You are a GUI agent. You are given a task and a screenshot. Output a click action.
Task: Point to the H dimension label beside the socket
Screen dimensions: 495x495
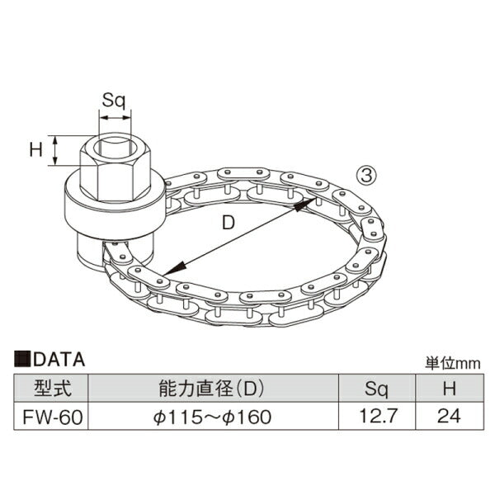click(x=35, y=149)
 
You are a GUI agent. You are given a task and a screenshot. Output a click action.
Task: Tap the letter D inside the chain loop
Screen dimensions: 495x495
click(x=229, y=222)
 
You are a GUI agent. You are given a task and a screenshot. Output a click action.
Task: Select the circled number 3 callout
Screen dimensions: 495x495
click(x=366, y=176)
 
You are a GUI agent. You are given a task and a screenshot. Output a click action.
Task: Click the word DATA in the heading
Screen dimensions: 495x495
click(x=59, y=360)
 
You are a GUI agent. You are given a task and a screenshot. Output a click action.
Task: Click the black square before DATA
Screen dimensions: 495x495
click(x=22, y=359)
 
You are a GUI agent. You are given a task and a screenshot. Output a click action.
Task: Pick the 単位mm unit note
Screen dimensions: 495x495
click(x=452, y=363)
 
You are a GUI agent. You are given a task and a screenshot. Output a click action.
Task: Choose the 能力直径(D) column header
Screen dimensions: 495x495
click(x=211, y=388)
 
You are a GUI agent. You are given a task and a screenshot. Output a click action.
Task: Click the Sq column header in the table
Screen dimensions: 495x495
click(x=376, y=389)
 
